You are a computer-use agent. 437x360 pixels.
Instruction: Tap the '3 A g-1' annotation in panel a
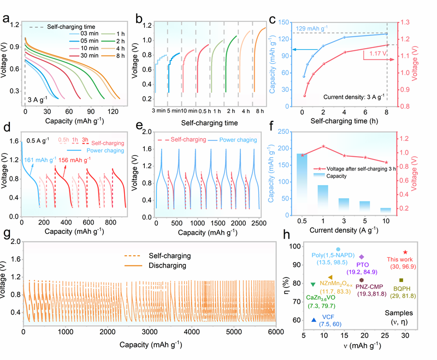click(x=39, y=100)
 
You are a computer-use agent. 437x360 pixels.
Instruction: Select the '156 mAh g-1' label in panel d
click(x=78, y=161)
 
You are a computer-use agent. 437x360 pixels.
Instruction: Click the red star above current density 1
click(x=324, y=146)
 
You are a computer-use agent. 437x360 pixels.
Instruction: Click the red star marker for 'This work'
click(x=405, y=252)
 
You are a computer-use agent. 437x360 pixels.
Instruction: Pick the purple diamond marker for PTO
click(x=362, y=256)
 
